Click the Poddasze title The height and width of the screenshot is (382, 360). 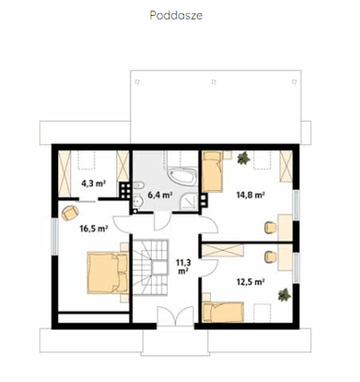[176, 15]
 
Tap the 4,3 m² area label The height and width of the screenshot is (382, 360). [93, 184]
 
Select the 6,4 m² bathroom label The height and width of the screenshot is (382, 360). [160, 195]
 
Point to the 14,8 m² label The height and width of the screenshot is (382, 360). [250, 195]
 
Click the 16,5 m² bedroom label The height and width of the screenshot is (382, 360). [94, 228]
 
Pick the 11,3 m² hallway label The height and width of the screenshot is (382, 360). [183, 267]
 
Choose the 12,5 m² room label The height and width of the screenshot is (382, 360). [250, 282]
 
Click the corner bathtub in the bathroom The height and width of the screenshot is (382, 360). [183, 177]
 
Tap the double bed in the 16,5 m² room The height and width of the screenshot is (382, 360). [108, 272]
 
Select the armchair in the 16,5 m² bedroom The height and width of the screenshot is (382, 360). [70, 213]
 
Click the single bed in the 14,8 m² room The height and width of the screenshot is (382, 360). [212, 171]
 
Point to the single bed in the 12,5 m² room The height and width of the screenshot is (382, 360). [223, 312]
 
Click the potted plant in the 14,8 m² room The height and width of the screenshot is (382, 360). [244, 158]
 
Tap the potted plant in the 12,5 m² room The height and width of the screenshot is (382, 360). [284, 295]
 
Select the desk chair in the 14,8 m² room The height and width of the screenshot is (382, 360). [270, 228]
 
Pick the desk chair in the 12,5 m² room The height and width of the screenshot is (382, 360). [270, 257]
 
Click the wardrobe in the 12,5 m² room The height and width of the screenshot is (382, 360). [223, 251]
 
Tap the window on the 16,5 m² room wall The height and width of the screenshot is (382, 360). [55, 236]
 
